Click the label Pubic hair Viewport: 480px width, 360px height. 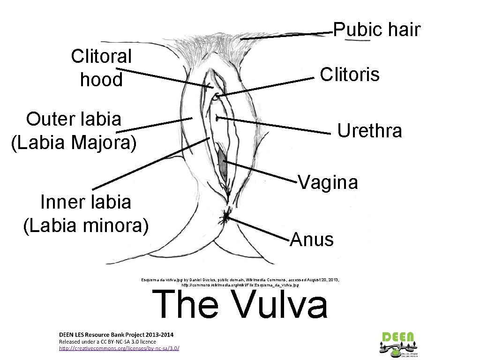coord(376,30)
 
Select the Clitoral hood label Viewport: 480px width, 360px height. coord(101,68)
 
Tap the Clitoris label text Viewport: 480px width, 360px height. coord(349,74)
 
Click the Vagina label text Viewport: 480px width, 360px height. coord(328,182)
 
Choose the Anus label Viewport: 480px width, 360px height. coord(312,240)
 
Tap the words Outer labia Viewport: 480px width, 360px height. coord(74,119)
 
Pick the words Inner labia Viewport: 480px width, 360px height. coord(86,202)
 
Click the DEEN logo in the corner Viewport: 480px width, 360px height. coord(398,342)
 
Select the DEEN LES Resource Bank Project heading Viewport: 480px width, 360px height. coord(116,335)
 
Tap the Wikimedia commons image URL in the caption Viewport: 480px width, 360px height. coord(240,285)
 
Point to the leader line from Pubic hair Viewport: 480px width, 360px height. coord(286,36)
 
